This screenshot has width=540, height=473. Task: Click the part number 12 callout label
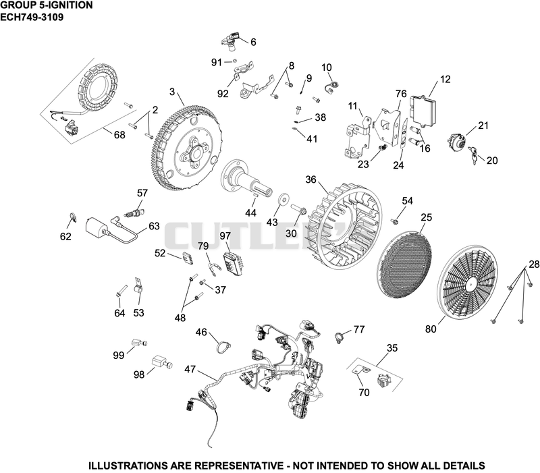[445, 79]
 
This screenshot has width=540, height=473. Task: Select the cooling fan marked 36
[344, 225]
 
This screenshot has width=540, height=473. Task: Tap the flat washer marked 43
[283, 200]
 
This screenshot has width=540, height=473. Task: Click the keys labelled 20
[475, 155]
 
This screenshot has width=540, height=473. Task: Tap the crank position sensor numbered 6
[230, 40]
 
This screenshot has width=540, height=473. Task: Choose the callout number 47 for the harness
[190, 370]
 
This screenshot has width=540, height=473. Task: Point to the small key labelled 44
[256, 195]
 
